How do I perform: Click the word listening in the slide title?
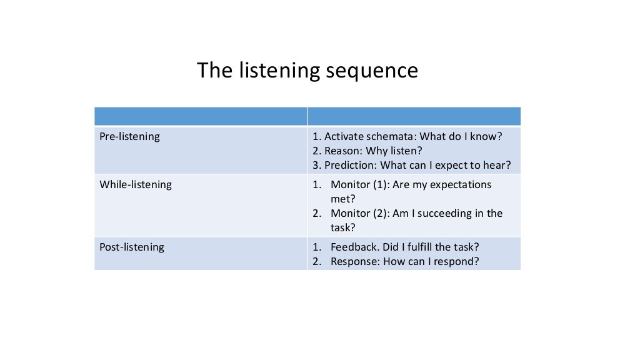pyautogui.click(x=280, y=71)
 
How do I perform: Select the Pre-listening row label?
pyautogui.click(x=129, y=136)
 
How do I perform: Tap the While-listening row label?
pyautogui.click(x=136, y=184)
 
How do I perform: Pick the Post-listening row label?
pyautogui.click(x=132, y=247)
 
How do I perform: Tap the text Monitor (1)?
pyautogui.click(x=359, y=184)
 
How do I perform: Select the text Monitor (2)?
pyautogui.click(x=359, y=213)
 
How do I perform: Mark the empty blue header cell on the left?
pyautogui.click(x=200, y=116)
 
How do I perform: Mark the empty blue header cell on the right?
pyautogui.click(x=414, y=116)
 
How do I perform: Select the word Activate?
pyautogui.click(x=344, y=136)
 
